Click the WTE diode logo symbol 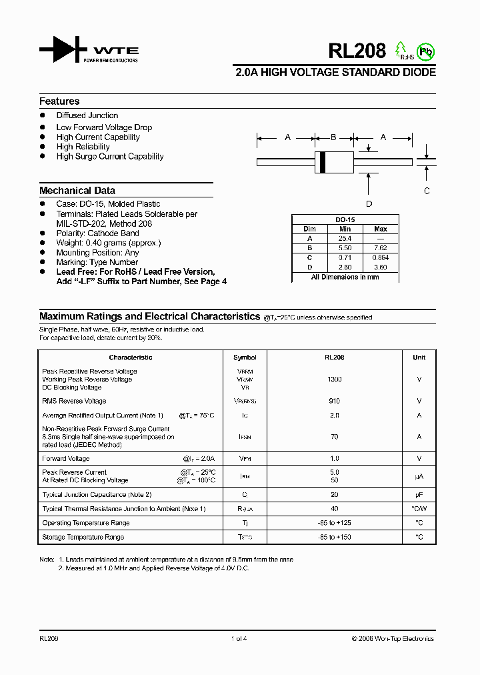point(63,51)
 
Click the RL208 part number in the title point(357,51)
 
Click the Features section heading point(59,101)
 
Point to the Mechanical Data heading point(77,190)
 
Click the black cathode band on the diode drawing point(323,161)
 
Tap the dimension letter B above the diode point(333,137)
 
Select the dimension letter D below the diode point(369,204)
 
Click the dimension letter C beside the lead point(427,190)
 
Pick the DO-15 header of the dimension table point(345,219)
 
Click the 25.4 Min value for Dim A point(345,238)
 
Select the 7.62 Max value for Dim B point(381,247)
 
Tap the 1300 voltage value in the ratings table point(334,379)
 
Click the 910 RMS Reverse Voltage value point(334,401)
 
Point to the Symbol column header point(245,358)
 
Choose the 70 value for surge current point(334,437)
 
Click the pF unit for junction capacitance point(419,495)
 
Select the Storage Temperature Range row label point(83,537)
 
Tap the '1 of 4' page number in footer point(239,638)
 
